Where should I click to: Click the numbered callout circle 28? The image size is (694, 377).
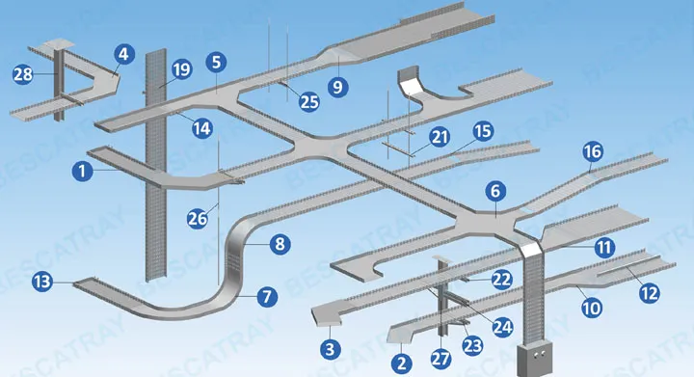pyautogui.click(x=23, y=74)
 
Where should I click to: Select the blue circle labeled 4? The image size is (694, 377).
pyautogui.click(x=124, y=54)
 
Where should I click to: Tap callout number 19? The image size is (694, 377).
pyautogui.click(x=181, y=69)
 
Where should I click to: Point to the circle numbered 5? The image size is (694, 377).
pyautogui.click(x=216, y=62)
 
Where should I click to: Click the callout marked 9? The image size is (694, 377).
pyautogui.click(x=337, y=87)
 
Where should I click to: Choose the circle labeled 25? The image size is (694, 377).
pyautogui.click(x=309, y=102)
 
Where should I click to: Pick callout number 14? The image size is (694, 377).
pyautogui.click(x=201, y=128)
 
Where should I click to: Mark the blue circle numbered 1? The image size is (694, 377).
pyautogui.click(x=82, y=171)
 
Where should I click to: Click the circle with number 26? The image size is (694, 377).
pyautogui.click(x=198, y=218)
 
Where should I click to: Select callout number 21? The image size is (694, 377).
pyautogui.click(x=440, y=137)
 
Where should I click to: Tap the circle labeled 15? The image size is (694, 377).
pyautogui.click(x=483, y=131)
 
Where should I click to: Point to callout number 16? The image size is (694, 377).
pyautogui.click(x=593, y=151)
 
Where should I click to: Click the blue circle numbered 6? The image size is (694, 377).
pyautogui.click(x=495, y=191)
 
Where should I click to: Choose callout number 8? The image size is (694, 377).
pyautogui.click(x=280, y=244)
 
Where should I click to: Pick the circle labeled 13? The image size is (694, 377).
pyautogui.click(x=42, y=282)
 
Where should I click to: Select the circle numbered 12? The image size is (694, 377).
pyautogui.click(x=650, y=293)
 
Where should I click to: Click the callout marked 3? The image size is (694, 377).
pyautogui.click(x=331, y=349)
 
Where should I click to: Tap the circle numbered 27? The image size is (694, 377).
pyautogui.click(x=440, y=359)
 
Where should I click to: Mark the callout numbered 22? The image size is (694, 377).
pyautogui.click(x=502, y=280)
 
